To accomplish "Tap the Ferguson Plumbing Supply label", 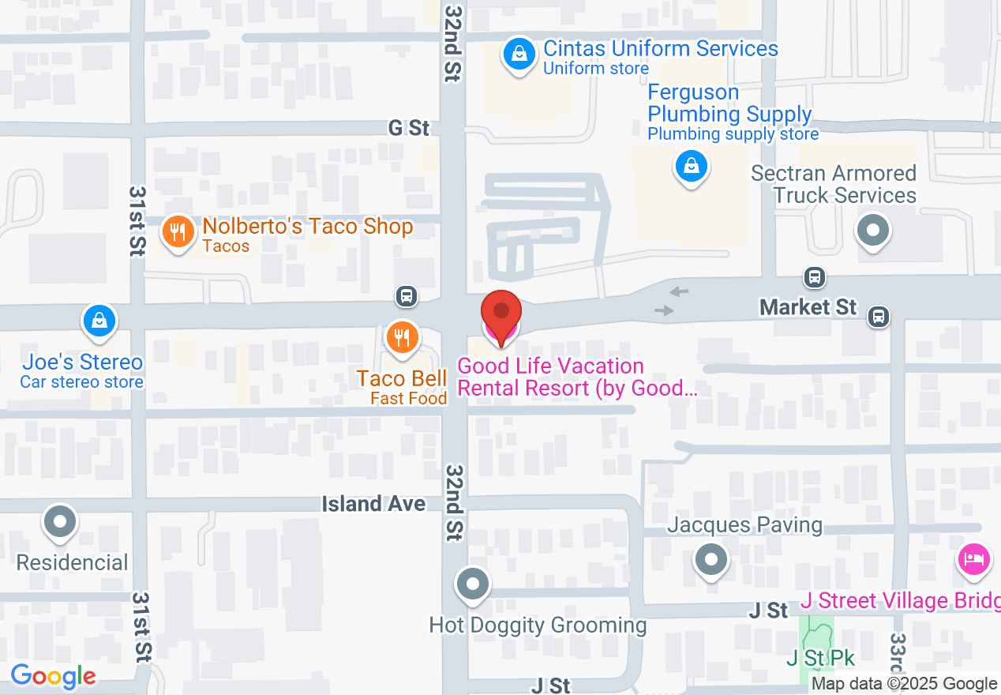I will tap(729, 103).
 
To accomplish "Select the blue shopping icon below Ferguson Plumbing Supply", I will tap(692, 166).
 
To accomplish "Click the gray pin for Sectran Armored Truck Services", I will tap(873, 231).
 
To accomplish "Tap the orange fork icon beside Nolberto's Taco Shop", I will tap(178, 232).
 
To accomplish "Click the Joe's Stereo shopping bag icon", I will tap(99, 321).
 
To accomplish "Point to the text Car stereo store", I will tap(82, 382).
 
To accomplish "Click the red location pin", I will tap(501, 314).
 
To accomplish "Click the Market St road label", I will tap(808, 306).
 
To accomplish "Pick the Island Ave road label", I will tap(373, 504).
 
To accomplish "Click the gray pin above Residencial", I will tap(61, 521).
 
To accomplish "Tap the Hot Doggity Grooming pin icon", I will tap(474, 585).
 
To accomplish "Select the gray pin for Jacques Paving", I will tap(711, 560).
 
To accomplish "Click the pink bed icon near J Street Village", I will tap(973, 559).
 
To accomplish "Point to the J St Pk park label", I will tap(820, 658).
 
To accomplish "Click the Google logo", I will tap(53, 676).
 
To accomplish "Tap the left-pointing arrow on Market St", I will tap(678, 292).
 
